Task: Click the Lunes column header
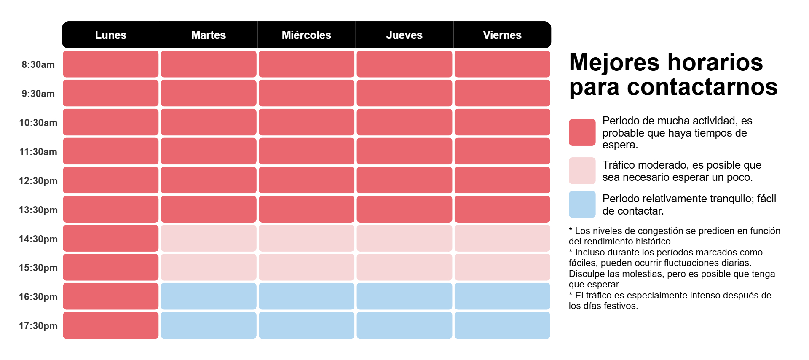click(110, 35)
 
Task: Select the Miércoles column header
click(306, 35)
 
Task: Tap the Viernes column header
click(502, 35)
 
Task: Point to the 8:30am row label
click(38, 64)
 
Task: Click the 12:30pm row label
click(38, 181)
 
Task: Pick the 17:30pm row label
click(38, 326)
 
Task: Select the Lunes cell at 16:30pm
click(110, 296)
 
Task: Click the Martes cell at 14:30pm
click(209, 238)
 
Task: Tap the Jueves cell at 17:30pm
click(404, 325)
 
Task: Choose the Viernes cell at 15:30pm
click(502, 267)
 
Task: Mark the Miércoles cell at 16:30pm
click(306, 296)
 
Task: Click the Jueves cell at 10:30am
click(404, 122)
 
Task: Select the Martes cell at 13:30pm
click(209, 209)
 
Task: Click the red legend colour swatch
click(582, 132)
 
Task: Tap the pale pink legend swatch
click(582, 171)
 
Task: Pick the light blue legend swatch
click(582, 204)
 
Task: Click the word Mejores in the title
click(613, 62)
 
